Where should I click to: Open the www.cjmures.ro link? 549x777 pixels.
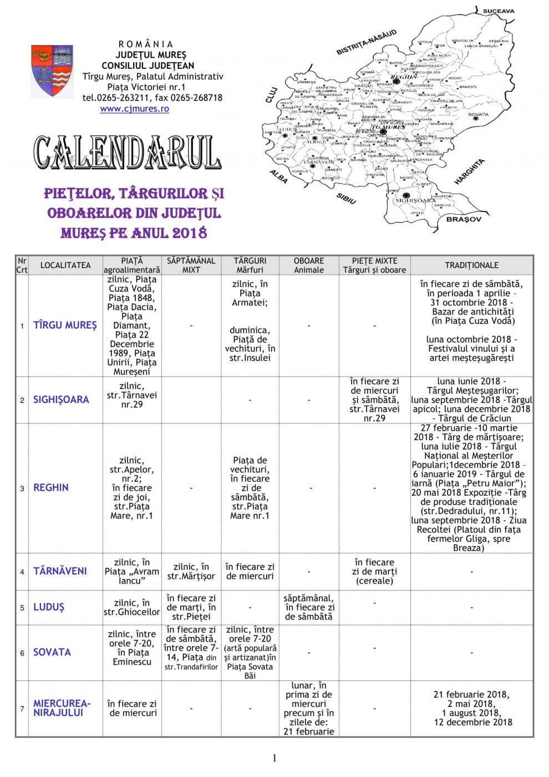click(134, 109)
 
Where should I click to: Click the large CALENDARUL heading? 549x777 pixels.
click(128, 152)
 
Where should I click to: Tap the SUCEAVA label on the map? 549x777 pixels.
click(499, 11)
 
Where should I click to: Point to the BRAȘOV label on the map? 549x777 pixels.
click(464, 219)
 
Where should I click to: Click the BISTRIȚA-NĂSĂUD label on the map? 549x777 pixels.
click(367, 42)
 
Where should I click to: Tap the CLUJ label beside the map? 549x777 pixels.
click(271, 94)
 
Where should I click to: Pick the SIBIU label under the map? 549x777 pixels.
click(346, 199)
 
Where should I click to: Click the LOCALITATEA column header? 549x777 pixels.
click(65, 265)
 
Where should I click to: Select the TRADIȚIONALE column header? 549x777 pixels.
click(471, 265)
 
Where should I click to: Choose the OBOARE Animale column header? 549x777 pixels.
click(309, 265)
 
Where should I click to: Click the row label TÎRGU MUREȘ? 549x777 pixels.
click(65, 325)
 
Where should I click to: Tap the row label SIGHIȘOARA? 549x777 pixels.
click(61, 400)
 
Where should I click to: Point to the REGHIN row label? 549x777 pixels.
click(51, 488)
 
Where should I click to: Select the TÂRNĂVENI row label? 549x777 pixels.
click(60, 571)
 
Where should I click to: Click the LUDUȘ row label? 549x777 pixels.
click(49, 607)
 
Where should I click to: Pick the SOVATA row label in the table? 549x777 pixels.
click(52, 653)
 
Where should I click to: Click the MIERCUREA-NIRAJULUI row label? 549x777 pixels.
click(62, 708)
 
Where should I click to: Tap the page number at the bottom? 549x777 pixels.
click(274, 758)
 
